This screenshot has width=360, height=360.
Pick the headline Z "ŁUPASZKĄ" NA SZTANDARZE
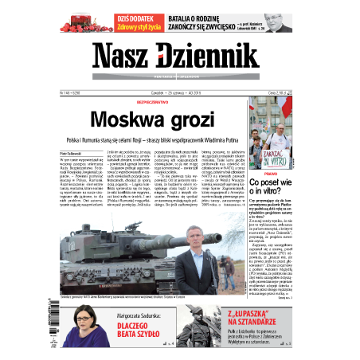[x=255, y=319]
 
